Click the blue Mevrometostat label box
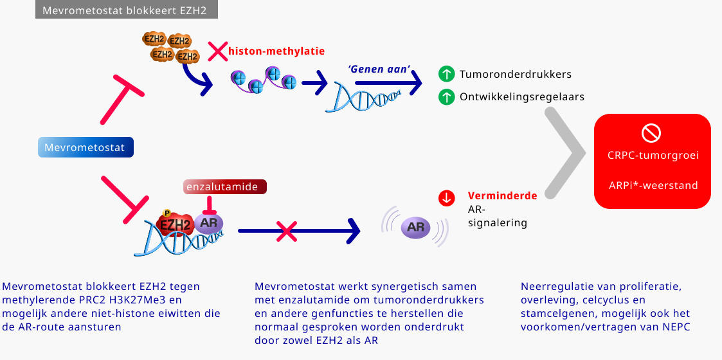point(86,148)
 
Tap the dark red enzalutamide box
point(224,186)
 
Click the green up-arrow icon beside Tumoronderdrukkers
point(446,74)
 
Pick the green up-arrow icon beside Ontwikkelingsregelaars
point(446,97)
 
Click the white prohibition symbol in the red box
point(651,133)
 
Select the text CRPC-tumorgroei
point(653,155)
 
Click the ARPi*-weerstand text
point(653,185)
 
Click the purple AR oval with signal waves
point(416,227)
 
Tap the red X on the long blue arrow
point(286,231)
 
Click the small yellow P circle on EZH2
point(167,213)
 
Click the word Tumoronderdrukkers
point(515,74)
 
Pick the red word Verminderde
point(502,196)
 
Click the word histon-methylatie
point(276,51)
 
